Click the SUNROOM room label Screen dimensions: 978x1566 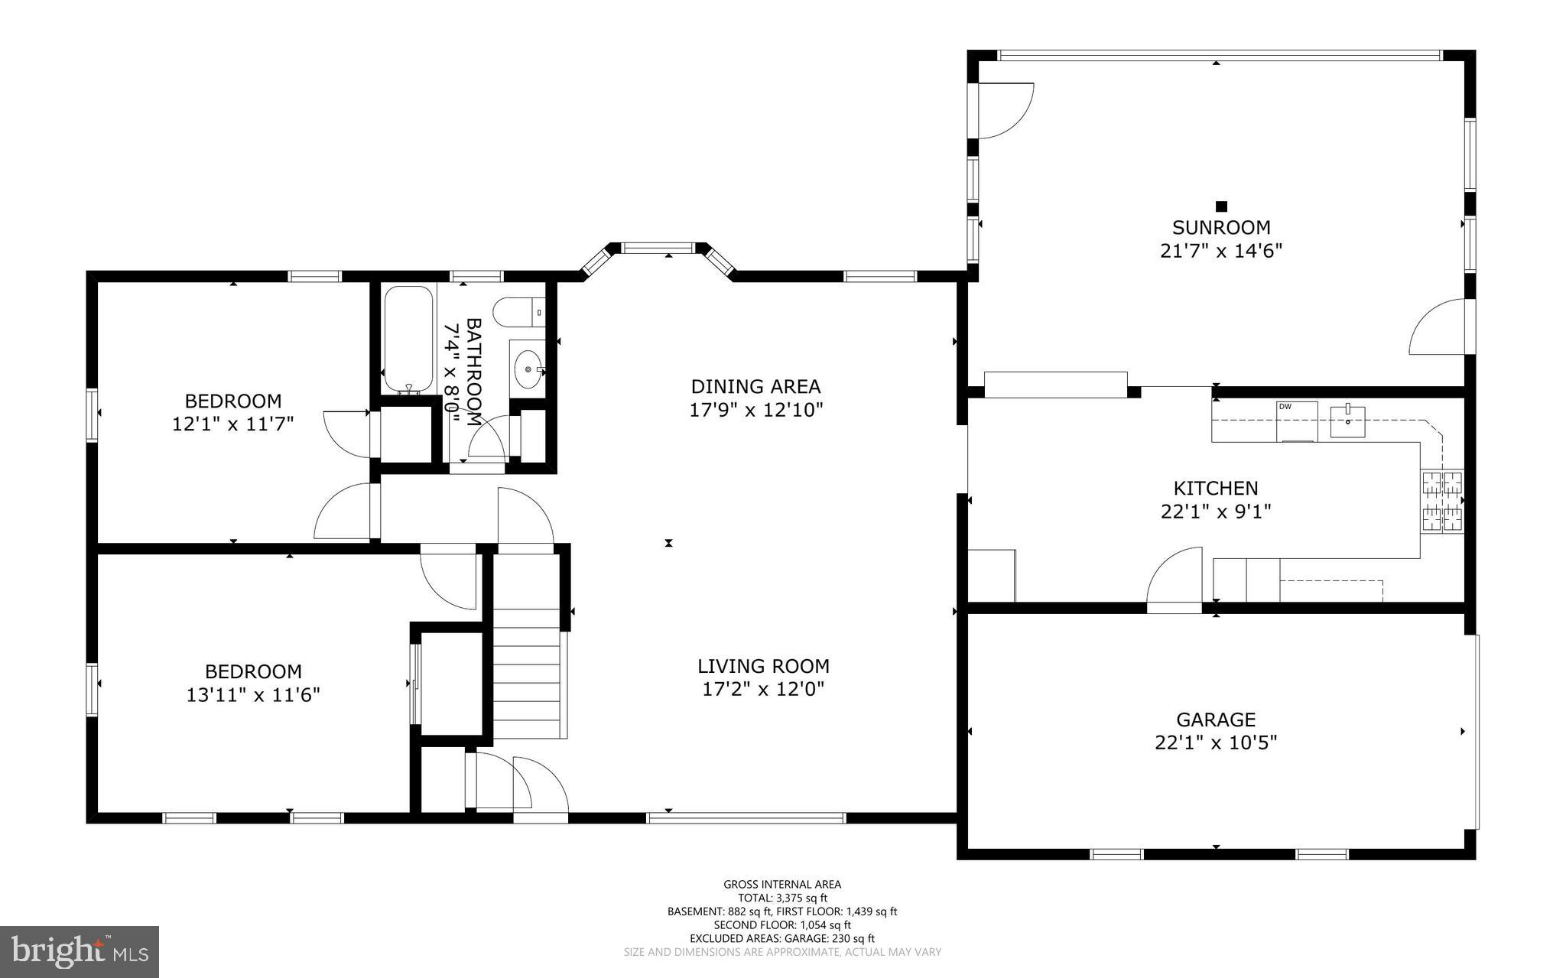point(1221,227)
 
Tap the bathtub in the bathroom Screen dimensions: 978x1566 point(408,339)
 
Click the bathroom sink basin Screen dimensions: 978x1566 point(527,370)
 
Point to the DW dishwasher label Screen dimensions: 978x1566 point(1285,407)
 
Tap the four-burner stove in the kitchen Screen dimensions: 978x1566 point(1441,502)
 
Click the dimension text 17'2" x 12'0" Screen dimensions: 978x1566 point(763,690)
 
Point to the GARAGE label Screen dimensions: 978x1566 point(1216,720)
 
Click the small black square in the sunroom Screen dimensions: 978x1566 point(1221,206)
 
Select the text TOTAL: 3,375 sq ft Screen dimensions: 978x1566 point(782,898)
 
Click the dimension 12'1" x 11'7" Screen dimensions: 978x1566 point(233,424)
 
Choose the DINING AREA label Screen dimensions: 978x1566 point(755,386)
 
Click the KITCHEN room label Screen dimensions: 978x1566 point(1216,488)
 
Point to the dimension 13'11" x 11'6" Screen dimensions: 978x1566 point(253,695)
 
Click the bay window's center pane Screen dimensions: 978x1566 point(658,248)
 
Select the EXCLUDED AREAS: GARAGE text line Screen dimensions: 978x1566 point(782,938)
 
